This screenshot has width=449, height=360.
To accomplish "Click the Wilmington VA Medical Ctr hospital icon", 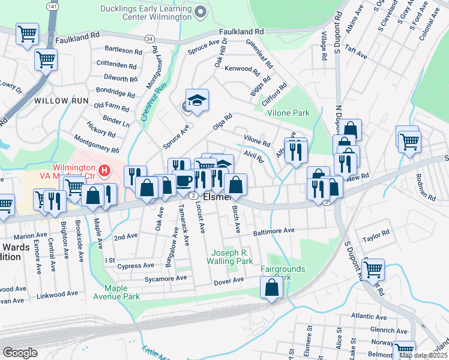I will [105, 171].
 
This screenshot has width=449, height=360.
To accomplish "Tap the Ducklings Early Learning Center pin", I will [200, 11].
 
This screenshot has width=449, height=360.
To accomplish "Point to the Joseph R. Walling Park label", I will [229, 257].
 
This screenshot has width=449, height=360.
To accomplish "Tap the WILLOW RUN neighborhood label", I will [61, 101].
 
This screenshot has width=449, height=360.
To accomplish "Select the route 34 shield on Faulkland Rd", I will [148, 39].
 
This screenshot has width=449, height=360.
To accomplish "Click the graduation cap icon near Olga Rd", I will [196, 100].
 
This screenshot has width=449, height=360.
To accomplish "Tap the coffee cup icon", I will [184, 180].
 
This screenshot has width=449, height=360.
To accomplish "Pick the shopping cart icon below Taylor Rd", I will [373, 269].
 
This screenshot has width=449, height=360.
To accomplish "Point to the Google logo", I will [20, 353].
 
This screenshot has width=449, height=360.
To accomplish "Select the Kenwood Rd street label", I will [242, 69].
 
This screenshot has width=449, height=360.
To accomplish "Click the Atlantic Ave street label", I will [369, 316].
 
